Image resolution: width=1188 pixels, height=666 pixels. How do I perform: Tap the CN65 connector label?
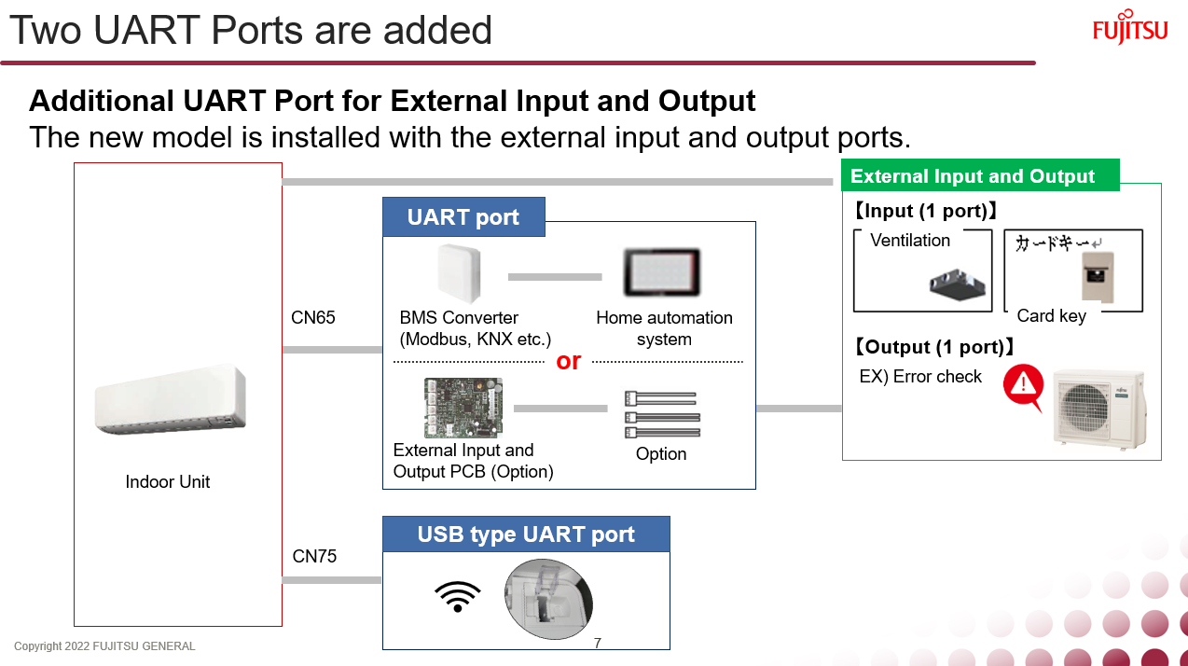click(313, 318)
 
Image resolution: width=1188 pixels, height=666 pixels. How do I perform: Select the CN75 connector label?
click(314, 557)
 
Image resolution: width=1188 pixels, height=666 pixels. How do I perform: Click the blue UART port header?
click(463, 217)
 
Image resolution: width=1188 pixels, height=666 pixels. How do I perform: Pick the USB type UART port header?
click(526, 534)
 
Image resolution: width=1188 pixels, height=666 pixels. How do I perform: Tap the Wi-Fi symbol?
click(458, 596)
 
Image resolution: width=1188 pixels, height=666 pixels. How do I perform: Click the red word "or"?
click(568, 361)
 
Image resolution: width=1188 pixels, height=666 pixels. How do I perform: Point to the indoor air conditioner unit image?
click(170, 400)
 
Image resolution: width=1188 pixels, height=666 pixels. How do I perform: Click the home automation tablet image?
click(662, 272)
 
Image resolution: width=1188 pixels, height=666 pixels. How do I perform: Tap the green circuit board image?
click(463, 408)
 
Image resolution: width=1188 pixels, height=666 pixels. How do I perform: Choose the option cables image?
click(661, 414)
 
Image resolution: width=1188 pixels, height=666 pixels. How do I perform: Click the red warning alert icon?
click(1023, 386)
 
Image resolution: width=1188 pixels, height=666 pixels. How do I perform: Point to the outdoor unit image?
click(1098, 409)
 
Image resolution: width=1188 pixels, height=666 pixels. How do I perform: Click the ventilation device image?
click(958, 284)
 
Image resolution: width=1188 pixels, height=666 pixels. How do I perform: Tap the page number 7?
click(597, 644)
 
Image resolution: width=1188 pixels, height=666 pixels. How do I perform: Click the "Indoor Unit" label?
click(168, 482)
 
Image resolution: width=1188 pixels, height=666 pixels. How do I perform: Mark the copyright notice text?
click(104, 646)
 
